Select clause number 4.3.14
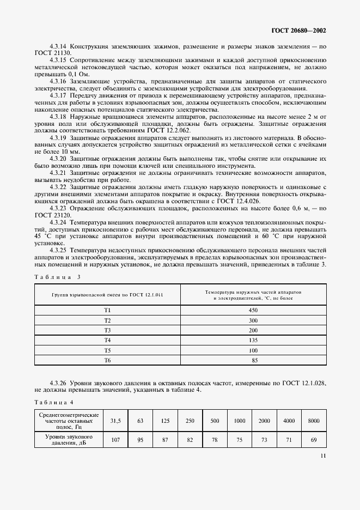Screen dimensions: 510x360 [x=58, y=47]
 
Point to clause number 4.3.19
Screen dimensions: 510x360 [x=58, y=139]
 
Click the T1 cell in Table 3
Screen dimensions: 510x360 [x=107, y=310]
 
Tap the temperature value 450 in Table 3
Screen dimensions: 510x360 [x=253, y=310]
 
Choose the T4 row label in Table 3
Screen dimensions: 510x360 [x=107, y=340]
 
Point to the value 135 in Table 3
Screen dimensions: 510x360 [x=253, y=340]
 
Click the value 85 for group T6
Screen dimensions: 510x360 [x=253, y=360]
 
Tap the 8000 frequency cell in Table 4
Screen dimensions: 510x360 [x=314, y=421]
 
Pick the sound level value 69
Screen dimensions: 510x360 [x=314, y=440]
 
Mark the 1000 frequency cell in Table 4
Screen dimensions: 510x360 [x=240, y=421]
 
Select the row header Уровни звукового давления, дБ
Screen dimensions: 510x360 [x=69, y=440]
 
